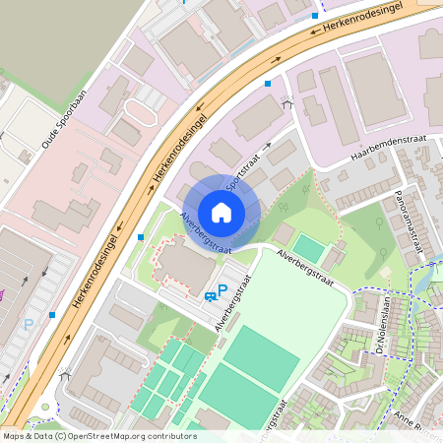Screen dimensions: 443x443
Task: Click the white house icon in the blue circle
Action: (221, 212)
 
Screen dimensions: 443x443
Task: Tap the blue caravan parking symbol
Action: (210, 295)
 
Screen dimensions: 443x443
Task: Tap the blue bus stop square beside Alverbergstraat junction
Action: (141, 237)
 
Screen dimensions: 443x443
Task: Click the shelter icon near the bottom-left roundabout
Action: (65, 374)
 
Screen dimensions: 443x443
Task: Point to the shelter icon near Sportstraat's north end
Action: (286, 102)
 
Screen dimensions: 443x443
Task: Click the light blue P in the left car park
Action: (29, 324)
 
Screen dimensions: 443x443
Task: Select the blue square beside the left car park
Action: (50, 314)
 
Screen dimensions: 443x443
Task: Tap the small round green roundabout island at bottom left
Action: (46, 407)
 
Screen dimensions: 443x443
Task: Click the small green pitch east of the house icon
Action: (309, 247)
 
